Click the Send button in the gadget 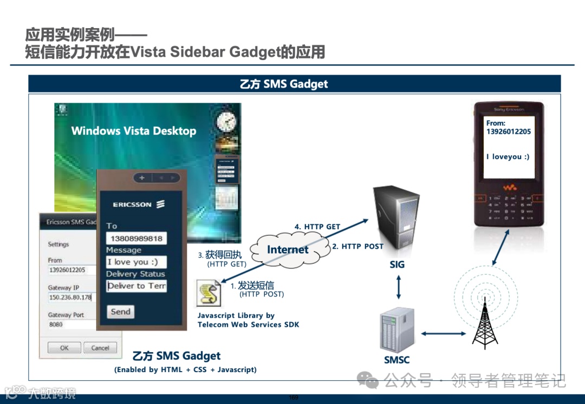click(120, 312)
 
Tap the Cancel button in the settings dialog click(100, 348)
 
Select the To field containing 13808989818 click(136, 239)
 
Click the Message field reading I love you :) click(136, 262)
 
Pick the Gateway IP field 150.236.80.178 click(70, 297)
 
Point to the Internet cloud click(288, 249)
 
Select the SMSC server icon click(396, 330)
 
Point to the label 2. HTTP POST click(357, 247)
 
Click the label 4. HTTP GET click(317, 227)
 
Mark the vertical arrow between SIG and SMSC click(398, 287)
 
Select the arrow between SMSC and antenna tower click(443, 334)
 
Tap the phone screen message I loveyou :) click(508, 157)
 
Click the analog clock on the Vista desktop click(226, 122)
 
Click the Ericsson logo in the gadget click(139, 204)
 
